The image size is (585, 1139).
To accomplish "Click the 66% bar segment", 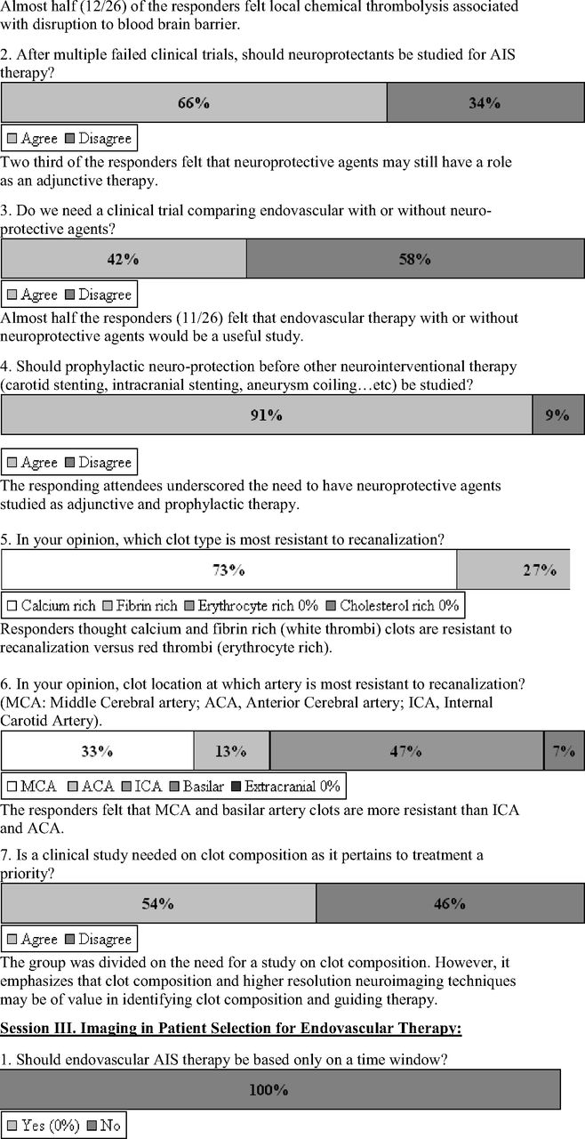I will click(194, 102).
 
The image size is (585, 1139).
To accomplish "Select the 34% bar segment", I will click(485, 102).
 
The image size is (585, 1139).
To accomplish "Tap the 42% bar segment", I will click(124, 259).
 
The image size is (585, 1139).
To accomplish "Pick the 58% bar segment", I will click(413, 259).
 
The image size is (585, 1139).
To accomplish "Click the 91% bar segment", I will click(267, 415).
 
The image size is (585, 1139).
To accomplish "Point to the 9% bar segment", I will click(557, 415).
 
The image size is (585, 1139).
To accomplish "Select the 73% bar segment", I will click(228, 569).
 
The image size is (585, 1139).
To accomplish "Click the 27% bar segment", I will click(513, 569).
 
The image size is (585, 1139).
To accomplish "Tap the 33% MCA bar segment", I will click(98, 751).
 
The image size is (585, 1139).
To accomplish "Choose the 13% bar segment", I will click(231, 751).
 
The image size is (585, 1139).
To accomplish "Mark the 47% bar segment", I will click(406, 751).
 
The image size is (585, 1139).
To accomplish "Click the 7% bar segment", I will click(564, 751).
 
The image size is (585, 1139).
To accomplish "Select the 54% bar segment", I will click(158, 903).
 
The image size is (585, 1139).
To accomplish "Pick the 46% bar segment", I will click(450, 903).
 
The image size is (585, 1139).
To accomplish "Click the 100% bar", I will click(280, 1089).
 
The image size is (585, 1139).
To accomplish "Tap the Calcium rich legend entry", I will click(52, 606).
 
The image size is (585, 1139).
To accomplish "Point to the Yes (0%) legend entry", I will click(44, 1126).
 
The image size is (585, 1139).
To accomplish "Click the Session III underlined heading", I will click(231, 1029).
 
